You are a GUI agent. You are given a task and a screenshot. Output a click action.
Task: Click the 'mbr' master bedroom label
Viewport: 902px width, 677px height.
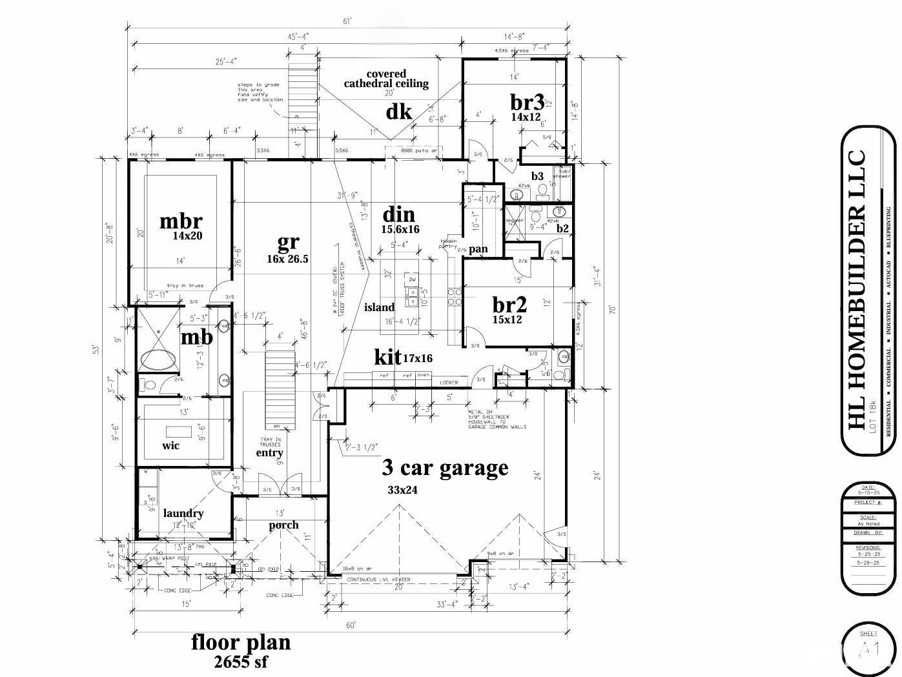coord(181,221)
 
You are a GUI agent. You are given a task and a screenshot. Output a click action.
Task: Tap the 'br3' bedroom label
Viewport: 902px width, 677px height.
coord(526,103)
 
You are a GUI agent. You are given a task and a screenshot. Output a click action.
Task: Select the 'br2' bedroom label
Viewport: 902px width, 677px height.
coord(509,305)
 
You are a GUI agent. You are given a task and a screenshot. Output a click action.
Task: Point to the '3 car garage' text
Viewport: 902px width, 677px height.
coord(445,467)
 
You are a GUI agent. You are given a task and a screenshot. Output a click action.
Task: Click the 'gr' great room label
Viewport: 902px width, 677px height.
coord(288,242)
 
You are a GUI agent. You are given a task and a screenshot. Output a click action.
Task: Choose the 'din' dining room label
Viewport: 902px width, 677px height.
coord(398,214)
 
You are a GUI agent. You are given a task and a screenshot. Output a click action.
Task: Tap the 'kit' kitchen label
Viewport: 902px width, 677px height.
coord(387,356)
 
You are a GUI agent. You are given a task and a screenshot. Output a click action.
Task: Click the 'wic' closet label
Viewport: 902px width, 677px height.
coord(170,445)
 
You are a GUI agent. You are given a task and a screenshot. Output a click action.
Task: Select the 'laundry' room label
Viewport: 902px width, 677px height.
coord(183,513)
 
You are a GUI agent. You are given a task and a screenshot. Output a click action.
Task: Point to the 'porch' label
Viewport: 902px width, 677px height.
coord(284,525)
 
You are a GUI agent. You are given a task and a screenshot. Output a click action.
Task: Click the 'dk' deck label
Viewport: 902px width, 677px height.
coord(398,112)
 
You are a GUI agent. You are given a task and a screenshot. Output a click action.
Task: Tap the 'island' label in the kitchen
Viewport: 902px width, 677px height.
coord(379,307)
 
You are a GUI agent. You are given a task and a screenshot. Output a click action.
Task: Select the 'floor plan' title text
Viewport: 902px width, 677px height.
coord(241,642)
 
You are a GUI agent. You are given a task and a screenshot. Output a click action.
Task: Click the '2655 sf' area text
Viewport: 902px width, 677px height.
coord(240,662)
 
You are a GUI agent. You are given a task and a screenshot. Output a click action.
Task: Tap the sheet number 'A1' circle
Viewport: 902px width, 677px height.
coord(868,651)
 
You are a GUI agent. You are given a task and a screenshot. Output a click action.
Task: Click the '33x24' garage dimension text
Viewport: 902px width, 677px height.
coord(402,490)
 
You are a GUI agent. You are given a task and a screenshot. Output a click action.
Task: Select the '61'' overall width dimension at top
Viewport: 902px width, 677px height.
coord(347,22)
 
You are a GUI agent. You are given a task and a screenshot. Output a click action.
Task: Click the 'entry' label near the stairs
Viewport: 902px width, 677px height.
coord(269,452)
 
